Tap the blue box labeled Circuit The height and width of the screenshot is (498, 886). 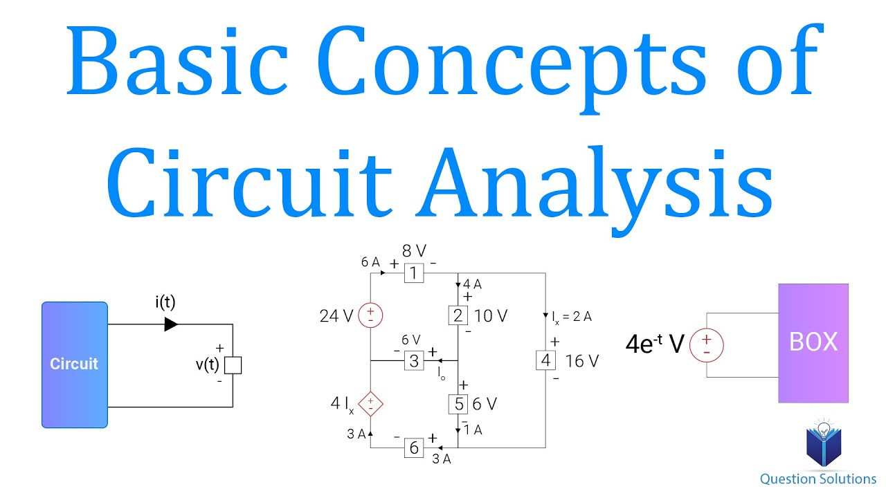(x=74, y=365)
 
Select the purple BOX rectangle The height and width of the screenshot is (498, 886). (x=813, y=343)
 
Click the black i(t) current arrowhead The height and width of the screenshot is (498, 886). (x=171, y=324)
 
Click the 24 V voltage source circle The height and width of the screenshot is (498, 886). (x=371, y=316)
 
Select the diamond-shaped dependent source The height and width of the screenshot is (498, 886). (x=371, y=404)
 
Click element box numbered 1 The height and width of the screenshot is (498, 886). (x=413, y=273)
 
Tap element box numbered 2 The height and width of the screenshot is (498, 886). (x=458, y=316)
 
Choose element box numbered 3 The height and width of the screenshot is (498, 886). (x=413, y=360)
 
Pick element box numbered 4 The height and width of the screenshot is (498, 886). (x=545, y=360)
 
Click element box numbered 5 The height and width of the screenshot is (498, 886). (x=458, y=404)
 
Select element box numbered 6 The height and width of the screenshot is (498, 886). (x=413, y=448)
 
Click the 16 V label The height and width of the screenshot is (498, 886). (x=581, y=360)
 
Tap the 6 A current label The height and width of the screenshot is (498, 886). (x=370, y=262)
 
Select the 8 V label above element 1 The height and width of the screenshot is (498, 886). (x=414, y=252)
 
